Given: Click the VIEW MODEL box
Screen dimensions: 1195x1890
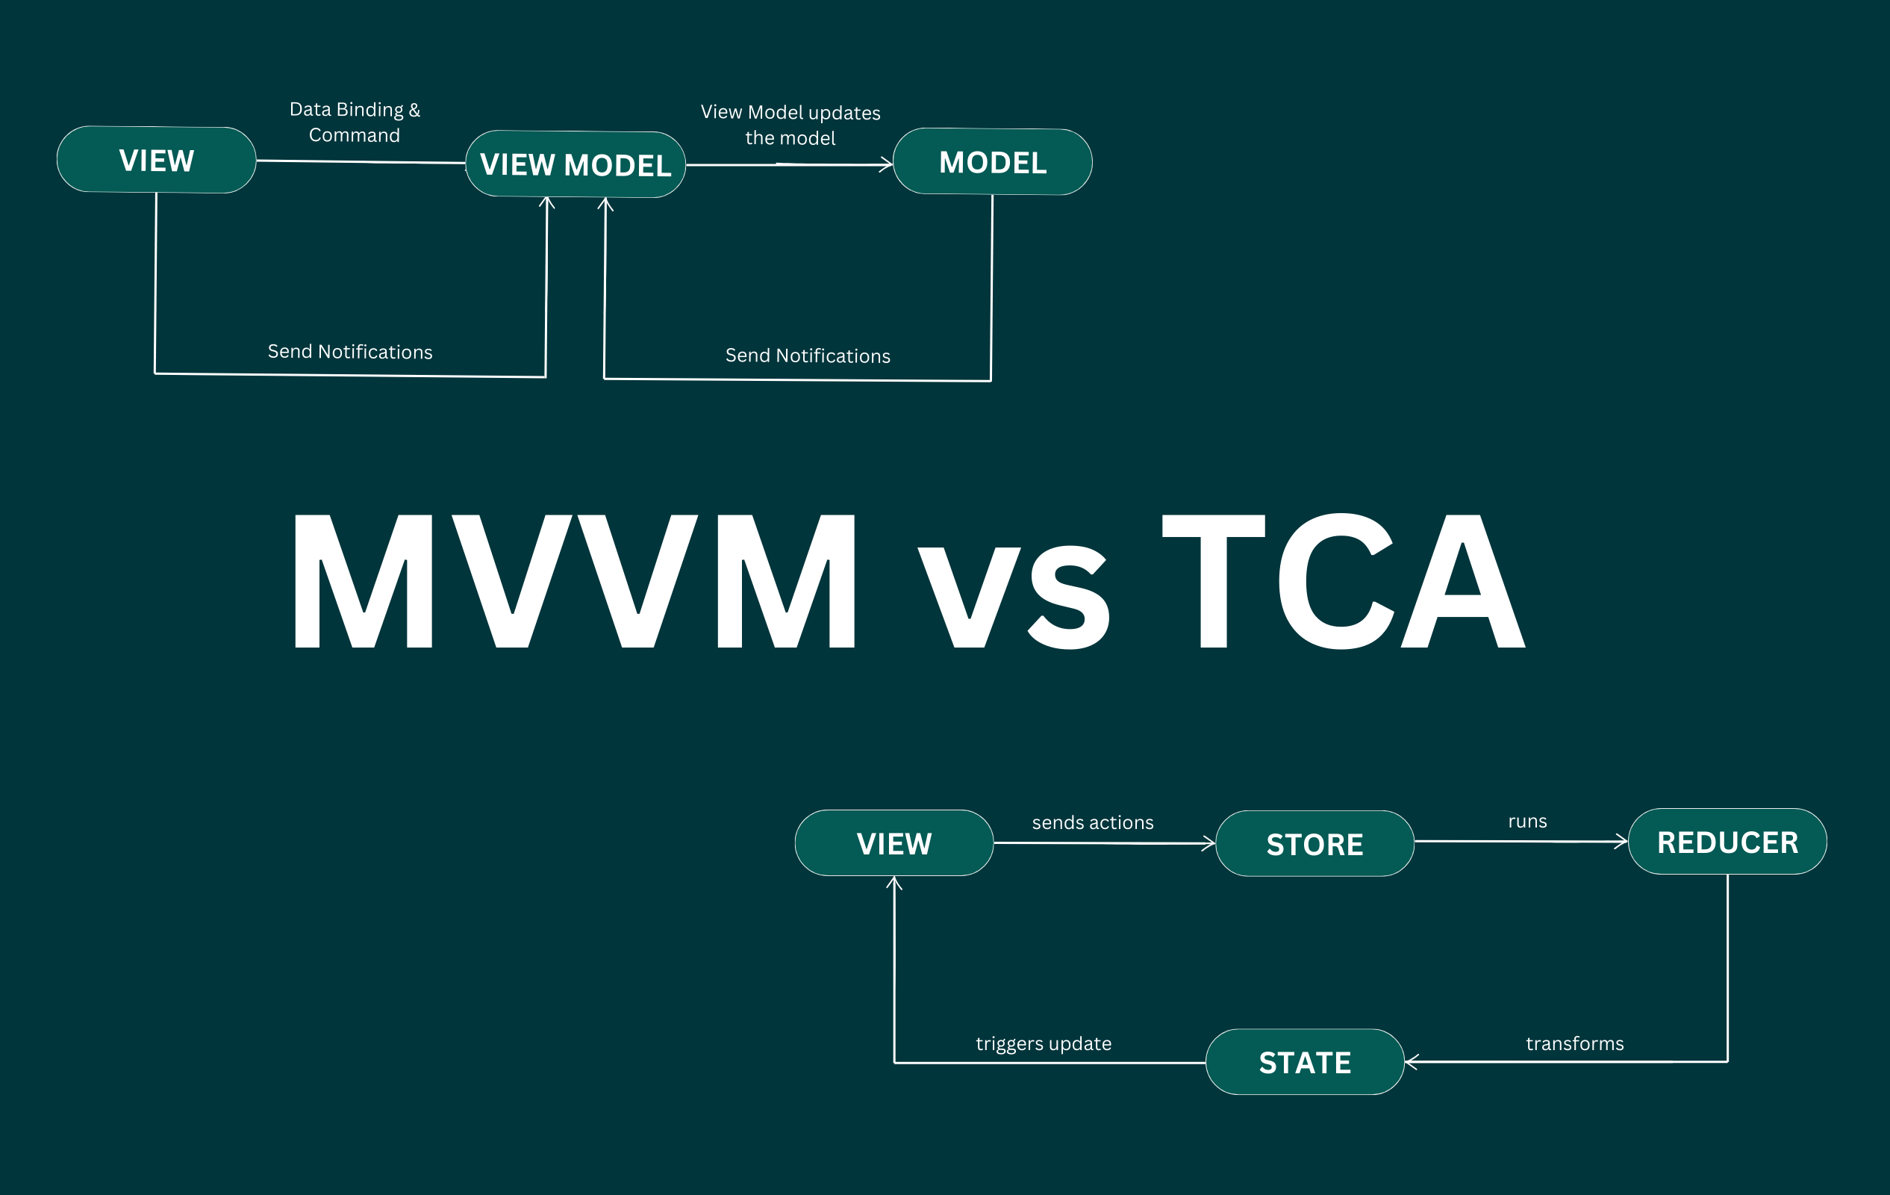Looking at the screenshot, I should point(576,164).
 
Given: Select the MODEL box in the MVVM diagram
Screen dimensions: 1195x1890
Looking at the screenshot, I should point(992,162).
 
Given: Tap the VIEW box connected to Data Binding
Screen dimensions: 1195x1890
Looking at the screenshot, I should point(156,160).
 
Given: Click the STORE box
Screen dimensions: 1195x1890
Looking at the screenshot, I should point(1314,844).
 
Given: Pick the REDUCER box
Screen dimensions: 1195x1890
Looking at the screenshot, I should point(1727,842).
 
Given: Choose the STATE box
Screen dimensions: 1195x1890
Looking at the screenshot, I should point(1305,1062).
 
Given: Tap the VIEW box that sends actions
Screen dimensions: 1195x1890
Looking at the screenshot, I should point(894,843).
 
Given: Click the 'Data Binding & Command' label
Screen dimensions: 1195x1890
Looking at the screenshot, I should point(355,122).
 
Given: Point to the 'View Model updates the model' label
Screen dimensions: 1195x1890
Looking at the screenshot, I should point(790,125).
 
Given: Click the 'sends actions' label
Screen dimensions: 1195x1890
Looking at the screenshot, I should point(1093,822).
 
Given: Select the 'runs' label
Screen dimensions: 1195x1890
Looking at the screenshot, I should point(1527,822).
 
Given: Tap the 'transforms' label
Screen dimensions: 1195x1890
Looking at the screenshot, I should point(1574,1043).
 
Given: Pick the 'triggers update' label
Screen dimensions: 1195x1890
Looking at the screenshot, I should point(1043,1043).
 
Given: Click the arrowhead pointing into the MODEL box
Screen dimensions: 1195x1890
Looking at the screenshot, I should point(888,165).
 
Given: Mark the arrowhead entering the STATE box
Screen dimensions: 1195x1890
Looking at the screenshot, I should point(1409,1062).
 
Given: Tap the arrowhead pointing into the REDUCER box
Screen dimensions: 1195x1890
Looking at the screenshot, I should point(1622,842).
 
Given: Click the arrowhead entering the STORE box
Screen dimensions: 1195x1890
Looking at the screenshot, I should point(1210,844).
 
